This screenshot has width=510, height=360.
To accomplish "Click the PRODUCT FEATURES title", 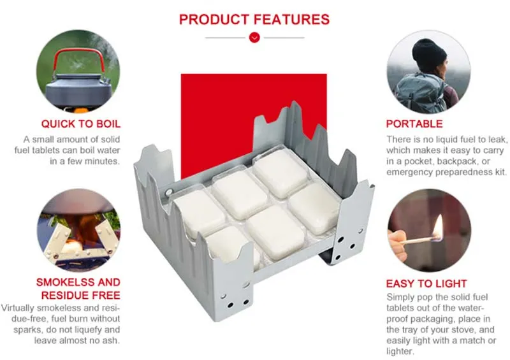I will click(x=254, y=18).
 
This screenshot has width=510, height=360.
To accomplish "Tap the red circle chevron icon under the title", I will click(x=254, y=38).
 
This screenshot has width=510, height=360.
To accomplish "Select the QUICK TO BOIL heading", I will click(x=81, y=124).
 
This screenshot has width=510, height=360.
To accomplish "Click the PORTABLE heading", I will click(x=414, y=124).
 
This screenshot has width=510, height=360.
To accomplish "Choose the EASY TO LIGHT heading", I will click(x=426, y=284).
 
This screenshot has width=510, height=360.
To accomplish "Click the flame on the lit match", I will click(x=438, y=226).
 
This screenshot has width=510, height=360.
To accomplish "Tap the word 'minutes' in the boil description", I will click(x=102, y=161).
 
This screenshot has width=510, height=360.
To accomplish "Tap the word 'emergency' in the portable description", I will click(x=412, y=172).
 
